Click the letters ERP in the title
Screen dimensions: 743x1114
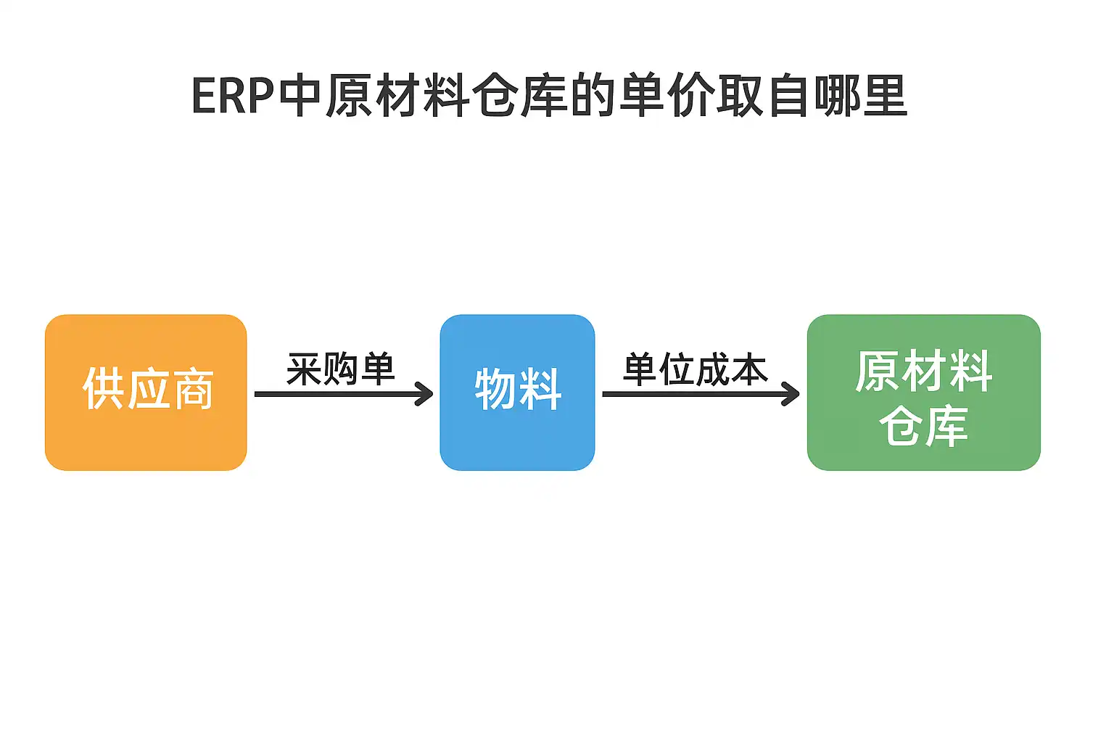tap(232, 96)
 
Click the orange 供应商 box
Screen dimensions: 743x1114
tap(146, 393)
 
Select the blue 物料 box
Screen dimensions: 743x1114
tap(517, 393)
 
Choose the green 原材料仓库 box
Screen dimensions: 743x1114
tap(923, 393)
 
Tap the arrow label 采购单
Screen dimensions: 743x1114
tap(340, 369)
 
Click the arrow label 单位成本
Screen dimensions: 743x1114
tap(695, 369)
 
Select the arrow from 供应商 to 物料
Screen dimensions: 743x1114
tap(341, 394)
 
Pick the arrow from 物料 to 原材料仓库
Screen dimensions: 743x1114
tap(696, 394)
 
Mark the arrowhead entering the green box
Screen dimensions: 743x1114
tap(792, 394)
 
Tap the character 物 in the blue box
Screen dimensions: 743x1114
tap(495, 389)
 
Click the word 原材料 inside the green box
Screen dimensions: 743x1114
tap(923, 371)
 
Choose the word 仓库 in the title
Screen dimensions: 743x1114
tap(519, 96)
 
